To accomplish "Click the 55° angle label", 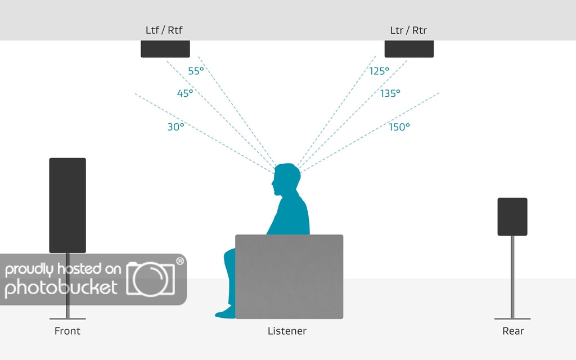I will pyautogui.click(x=196, y=71).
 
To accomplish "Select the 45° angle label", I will pyautogui.click(x=185, y=93).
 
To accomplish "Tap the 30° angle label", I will pyautogui.click(x=175, y=127).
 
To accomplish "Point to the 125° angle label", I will pyautogui.click(x=379, y=71).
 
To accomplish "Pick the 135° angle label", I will pyautogui.click(x=390, y=93).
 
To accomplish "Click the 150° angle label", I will pyautogui.click(x=399, y=127).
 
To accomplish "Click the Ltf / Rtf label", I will pyautogui.click(x=164, y=30).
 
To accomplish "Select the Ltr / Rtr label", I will pyautogui.click(x=408, y=30).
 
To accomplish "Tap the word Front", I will pyautogui.click(x=67, y=331).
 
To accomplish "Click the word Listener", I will pyautogui.click(x=287, y=331).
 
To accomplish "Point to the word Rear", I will pyautogui.click(x=513, y=331).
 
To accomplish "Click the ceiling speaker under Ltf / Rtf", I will pyautogui.click(x=165, y=49).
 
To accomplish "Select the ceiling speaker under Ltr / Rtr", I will pyautogui.click(x=409, y=49).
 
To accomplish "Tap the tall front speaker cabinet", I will pyautogui.click(x=67, y=205).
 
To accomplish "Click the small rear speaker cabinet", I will pyautogui.click(x=512, y=217).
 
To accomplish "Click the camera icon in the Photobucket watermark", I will pyautogui.click(x=150, y=278).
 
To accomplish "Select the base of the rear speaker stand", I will pyautogui.click(x=512, y=318).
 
